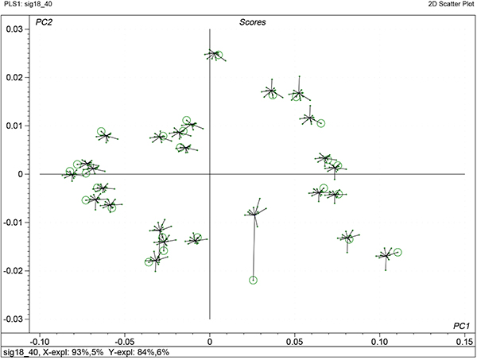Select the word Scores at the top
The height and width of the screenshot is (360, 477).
[252, 22]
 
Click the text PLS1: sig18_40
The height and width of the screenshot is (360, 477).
[31, 5]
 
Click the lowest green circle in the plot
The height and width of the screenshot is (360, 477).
[254, 280]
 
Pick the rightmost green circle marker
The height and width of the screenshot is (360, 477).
[397, 253]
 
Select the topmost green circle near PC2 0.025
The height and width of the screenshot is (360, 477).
[218, 56]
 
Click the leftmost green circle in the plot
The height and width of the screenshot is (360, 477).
[70, 172]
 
